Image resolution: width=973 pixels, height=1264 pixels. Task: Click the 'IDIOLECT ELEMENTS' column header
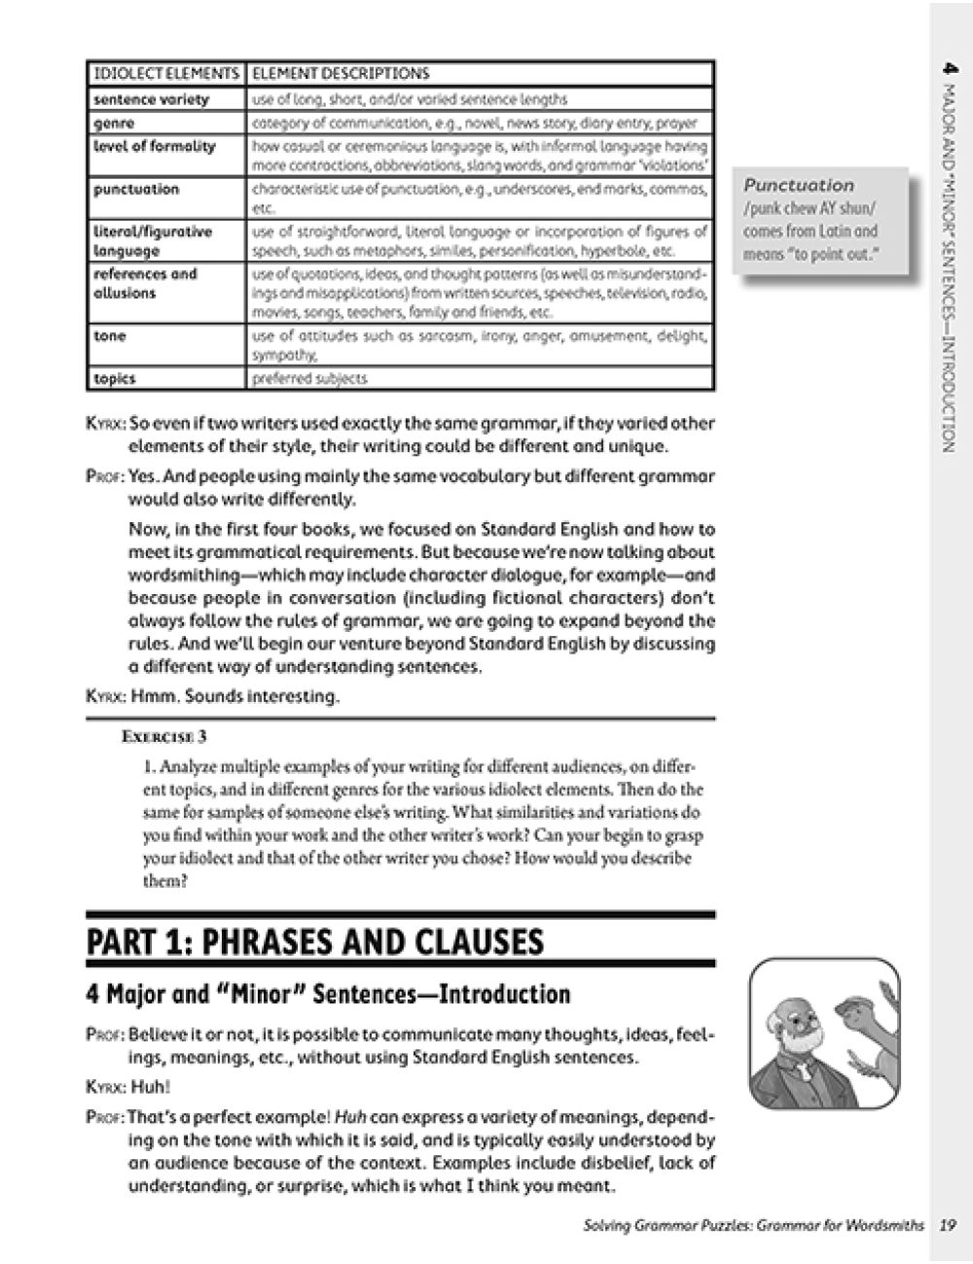(165, 73)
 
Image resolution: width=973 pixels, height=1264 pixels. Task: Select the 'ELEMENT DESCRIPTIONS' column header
(340, 73)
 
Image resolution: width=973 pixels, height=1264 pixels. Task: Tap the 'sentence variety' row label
(151, 99)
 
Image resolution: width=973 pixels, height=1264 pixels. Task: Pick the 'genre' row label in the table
(114, 123)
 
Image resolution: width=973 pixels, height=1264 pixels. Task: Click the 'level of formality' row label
(154, 146)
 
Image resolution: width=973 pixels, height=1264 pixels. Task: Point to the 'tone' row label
(110, 335)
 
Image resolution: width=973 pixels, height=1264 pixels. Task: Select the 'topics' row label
(114, 378)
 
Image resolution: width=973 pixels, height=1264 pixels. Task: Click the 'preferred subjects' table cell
(309, 378)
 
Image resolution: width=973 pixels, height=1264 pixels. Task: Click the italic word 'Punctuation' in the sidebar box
(799, 185)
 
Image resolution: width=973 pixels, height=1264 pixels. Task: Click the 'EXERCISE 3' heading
(164, 737)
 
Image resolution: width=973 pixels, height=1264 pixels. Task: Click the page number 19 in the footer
(949, 1225)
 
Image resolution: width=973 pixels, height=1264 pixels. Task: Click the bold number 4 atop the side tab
(950, 70)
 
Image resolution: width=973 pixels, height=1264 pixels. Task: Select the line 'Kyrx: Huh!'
(126, 1088)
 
